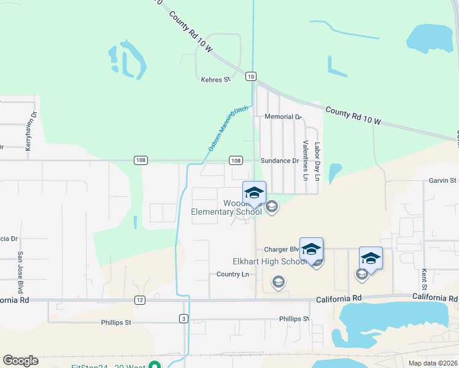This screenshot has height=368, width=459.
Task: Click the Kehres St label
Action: tap(215, 79)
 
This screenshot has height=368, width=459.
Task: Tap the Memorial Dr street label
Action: tap(283, 117)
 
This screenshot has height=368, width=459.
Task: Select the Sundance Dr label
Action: tap(279, 161)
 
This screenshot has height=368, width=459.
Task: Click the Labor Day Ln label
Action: tap(317, 161)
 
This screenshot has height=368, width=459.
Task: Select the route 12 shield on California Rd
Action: tap(140, 301)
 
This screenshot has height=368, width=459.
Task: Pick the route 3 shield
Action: tap(183, 318)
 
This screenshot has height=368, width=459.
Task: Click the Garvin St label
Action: tap(443, 180)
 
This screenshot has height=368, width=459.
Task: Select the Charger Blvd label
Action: tap(281, 250)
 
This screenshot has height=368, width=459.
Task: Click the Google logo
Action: tap(20, 361)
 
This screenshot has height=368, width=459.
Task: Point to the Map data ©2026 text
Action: tap(432, 363)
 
